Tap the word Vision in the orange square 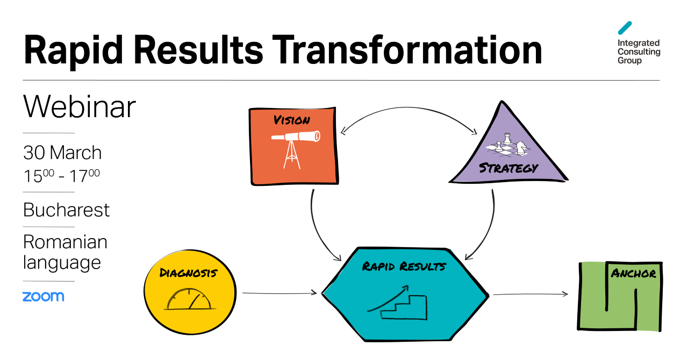click(292, 120)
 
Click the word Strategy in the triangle click(508, 168)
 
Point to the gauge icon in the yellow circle click(190, 300)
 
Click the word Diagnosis click(188, 273)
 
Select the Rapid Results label click(404, 266)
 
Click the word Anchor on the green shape click(634, 273)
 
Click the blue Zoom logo click(43, 297)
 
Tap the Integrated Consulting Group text click(639, 52)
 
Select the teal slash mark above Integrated click(625, 28)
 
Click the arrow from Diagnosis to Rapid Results click(279, 293)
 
